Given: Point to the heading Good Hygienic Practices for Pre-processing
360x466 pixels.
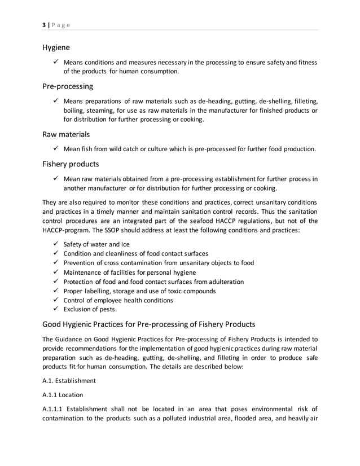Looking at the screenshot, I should coord(149,324).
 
